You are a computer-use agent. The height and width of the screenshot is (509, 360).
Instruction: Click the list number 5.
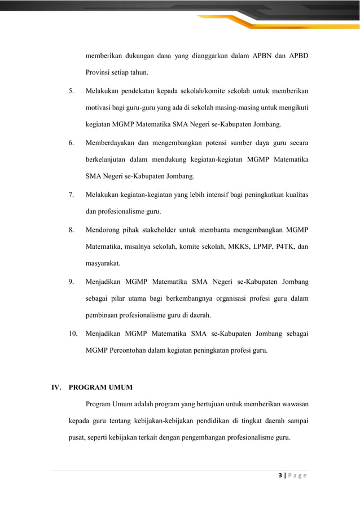(71, 91)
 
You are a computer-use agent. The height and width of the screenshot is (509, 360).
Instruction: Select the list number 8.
(71, 229)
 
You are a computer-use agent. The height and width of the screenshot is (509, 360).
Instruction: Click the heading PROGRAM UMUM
(100, 388)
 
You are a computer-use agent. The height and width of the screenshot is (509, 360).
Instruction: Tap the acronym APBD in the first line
(298, 56)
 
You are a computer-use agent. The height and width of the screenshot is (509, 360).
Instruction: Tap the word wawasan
(293, 405)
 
